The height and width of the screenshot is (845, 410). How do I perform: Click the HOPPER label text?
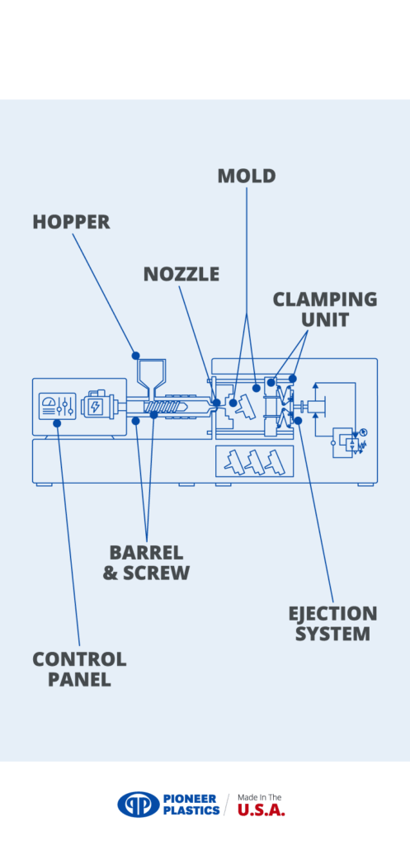click(x=71, y=222)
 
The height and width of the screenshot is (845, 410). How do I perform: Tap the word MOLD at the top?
click(x=246, y=176)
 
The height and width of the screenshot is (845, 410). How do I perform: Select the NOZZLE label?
click(x=181, y=274)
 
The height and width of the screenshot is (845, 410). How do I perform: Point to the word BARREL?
click(x=146, y=553)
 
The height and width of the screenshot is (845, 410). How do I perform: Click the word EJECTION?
click(x=332, y=614)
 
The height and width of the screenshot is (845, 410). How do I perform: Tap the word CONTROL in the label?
click(x=79, y=659)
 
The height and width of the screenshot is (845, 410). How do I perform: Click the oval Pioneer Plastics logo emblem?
click(x=137, y=804)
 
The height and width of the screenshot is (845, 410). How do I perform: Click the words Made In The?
click(x=260, y=797)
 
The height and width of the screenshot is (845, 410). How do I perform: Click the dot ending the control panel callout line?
click(x=57, y=422)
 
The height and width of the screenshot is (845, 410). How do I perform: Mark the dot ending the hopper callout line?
click(x=136, y=355)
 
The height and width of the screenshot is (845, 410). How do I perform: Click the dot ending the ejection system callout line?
click(x=298, y=420)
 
